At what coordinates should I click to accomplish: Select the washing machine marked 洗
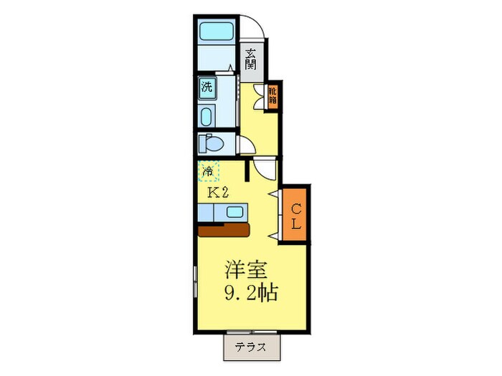point(207,89)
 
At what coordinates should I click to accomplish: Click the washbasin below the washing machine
point(207,117)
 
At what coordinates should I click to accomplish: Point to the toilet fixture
point(213,143)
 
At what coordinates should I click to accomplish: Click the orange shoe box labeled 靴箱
point(273,96)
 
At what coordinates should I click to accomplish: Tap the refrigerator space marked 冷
point(208,172)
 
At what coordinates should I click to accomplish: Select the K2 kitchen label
point(218,193)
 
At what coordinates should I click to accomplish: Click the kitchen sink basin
point(235,213)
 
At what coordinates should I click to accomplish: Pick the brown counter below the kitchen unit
point(224,230)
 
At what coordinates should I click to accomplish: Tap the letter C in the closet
point(295,208)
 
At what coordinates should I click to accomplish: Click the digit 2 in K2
point(224,193)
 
